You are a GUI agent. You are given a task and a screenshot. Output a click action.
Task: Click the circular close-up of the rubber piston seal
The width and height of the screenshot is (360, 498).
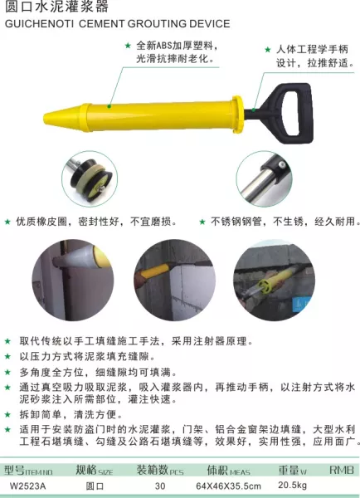(x=90, y=178)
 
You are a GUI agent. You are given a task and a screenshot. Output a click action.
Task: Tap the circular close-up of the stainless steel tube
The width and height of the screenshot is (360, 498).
(x=264, y=178)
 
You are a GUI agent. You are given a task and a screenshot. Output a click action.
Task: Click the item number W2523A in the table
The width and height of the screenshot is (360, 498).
(x=27, y=486)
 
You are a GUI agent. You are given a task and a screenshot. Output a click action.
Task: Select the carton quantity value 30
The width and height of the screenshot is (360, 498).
(x=160, y=486)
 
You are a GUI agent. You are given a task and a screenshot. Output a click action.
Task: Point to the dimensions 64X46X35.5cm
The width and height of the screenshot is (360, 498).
(x=228, y=486)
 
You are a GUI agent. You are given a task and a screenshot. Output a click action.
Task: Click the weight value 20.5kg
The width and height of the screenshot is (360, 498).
(x=292, y=486)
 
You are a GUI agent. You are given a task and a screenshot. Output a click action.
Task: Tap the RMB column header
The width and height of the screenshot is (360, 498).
(x=341, y=470)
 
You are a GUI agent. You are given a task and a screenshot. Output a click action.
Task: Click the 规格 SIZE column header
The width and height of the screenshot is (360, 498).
(x=94, y=470)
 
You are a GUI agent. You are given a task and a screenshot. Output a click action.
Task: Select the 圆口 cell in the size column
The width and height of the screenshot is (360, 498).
(x=95, y=486)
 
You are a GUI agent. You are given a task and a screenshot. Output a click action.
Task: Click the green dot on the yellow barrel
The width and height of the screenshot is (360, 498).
(x=109, y=106)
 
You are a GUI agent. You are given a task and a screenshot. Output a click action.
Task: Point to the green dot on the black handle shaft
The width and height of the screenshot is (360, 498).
(x=253, y=110)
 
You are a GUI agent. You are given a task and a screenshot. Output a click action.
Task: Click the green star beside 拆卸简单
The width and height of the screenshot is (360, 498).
(x=8, y=414)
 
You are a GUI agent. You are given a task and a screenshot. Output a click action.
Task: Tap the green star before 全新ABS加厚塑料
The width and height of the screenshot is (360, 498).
(x=128, y=46)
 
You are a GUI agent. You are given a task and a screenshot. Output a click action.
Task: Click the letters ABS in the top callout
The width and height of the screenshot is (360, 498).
(x=163, y=46)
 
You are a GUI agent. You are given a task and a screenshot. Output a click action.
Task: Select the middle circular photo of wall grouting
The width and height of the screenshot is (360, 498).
(x=174, y=281)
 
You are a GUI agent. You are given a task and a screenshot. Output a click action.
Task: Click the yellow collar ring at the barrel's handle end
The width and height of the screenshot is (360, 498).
(x=237, y=115)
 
